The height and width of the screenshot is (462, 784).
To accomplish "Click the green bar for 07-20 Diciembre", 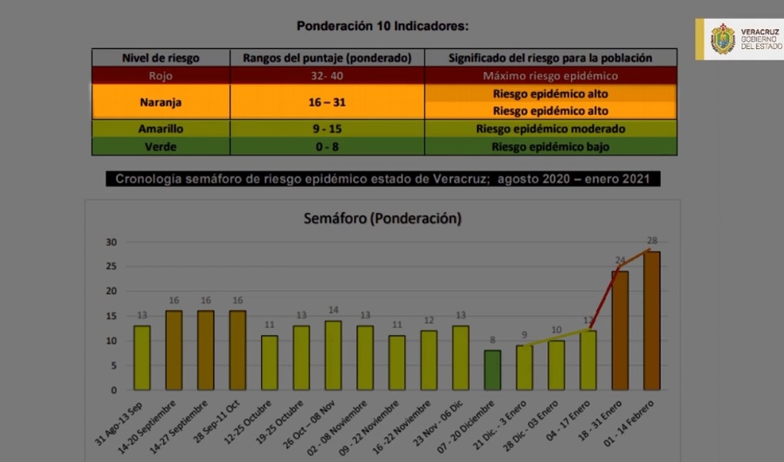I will tap(492, 370).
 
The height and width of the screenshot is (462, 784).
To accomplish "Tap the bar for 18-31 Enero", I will tap(619, 330).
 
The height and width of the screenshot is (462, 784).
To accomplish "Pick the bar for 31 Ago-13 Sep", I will tap(142, 357).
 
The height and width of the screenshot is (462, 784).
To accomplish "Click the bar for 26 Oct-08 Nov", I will tap(333, 355).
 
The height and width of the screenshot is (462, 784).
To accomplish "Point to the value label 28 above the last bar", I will tap(652, 241).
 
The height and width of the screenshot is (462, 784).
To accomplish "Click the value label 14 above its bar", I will tap(333, 310).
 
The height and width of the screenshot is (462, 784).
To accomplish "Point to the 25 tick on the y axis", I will tap(111, 267).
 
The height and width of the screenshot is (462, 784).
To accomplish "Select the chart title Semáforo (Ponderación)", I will tap(382, 218).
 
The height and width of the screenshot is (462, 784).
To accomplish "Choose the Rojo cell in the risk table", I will tap(161, 76).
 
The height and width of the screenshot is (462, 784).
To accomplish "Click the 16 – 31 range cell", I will tap(327, 102).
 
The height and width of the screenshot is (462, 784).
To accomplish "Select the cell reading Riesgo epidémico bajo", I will tap(550, 146).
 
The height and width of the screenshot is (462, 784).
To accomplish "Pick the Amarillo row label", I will tap(161, 129).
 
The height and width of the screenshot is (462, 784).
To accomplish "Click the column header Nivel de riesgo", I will tap(161, 57).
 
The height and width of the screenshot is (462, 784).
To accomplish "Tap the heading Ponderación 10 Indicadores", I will tap(382, 25).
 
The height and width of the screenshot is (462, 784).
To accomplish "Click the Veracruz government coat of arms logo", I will tap(722, 39).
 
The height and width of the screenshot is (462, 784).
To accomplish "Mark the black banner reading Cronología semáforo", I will tap(382, 179).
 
